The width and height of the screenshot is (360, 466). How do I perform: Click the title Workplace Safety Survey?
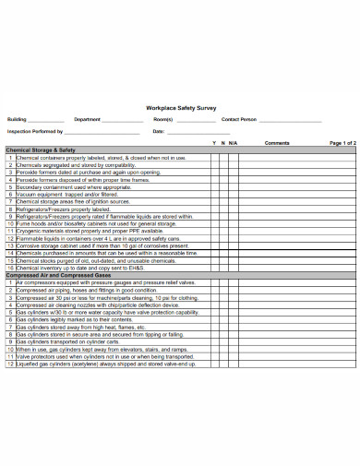click(x=181, y=107)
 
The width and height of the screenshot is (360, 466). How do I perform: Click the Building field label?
click(x=18, y=120)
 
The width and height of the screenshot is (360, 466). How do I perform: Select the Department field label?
click(x=88, y=120)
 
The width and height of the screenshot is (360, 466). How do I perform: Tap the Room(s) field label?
click(x=163, y=120)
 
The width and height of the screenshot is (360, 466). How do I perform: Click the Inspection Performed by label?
click(x=35, y=132)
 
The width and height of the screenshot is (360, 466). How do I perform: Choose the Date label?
click(x=158, y=132)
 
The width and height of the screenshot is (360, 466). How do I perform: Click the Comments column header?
click(x=277, y=144)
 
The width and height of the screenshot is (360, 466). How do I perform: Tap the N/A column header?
click(x=233, y=144)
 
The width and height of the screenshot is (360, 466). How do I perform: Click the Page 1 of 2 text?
click(x=342, y=144)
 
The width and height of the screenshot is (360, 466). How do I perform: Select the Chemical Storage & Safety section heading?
click(x=41, y=150)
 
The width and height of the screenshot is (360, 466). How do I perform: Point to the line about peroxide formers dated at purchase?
click(x=88, y=172)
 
